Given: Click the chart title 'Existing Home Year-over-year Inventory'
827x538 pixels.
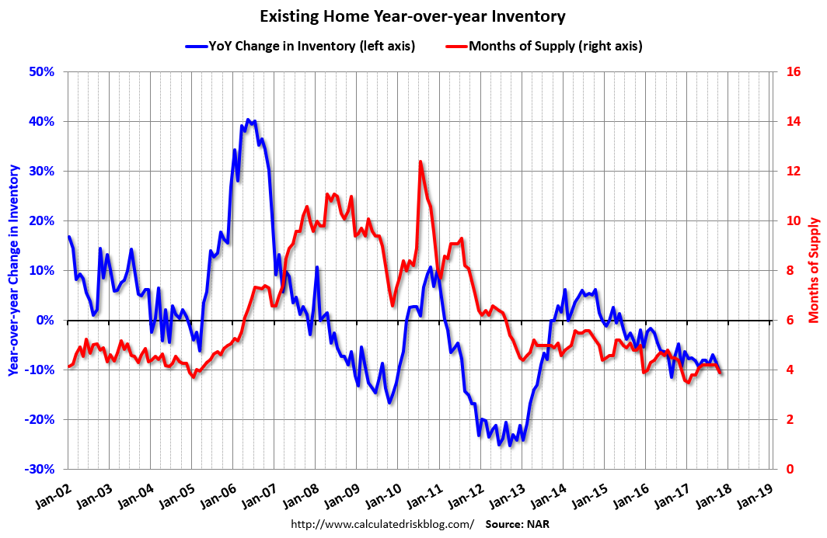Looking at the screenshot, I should [413, 16].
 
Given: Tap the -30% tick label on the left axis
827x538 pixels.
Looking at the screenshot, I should [39, 470].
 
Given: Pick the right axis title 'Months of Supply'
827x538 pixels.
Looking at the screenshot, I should [814, 270].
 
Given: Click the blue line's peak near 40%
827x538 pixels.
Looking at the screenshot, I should [248, 120].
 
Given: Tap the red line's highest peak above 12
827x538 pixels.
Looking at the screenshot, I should [420, 161].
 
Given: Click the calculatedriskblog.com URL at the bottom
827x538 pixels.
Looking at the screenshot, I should [382, 524].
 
